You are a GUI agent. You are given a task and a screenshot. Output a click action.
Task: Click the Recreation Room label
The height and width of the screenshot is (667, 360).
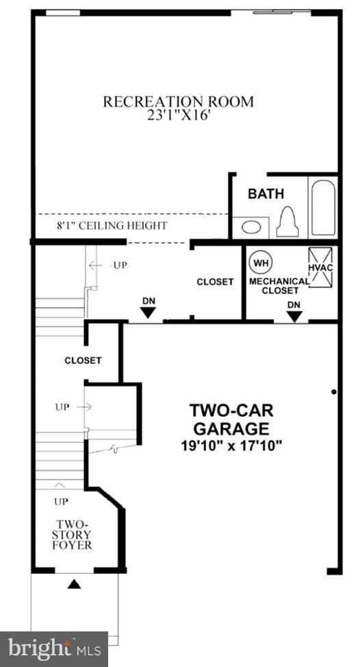coord(178,102)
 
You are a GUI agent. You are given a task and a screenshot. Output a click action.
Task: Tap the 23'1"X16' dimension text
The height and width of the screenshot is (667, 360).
coord(178,116)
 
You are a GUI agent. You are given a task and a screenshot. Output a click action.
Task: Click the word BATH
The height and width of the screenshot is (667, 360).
coord(266,194)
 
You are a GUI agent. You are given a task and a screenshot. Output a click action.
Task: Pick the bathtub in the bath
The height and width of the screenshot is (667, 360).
coord(322,207)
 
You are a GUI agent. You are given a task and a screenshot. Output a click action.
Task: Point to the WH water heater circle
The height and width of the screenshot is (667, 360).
coord(260,262)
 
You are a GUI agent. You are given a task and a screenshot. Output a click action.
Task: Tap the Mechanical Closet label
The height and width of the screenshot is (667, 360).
coord(279,285)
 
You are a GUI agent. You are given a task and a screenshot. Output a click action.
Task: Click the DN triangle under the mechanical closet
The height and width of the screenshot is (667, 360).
coord(294,316)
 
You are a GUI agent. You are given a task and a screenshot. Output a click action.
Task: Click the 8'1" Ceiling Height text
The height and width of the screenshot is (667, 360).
coord(112,225)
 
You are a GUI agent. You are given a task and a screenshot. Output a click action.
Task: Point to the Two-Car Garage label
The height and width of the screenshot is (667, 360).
coord(232,419)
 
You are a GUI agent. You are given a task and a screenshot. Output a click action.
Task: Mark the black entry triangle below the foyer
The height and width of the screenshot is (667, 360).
coord(75,584)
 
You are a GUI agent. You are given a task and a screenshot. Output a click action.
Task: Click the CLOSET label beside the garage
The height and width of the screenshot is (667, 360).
coord(83,361)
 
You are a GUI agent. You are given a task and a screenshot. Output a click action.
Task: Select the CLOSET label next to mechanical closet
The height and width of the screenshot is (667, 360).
coord(215,282)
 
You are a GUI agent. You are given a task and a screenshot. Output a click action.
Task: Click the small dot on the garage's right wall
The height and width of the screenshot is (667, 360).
coord(333,392)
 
